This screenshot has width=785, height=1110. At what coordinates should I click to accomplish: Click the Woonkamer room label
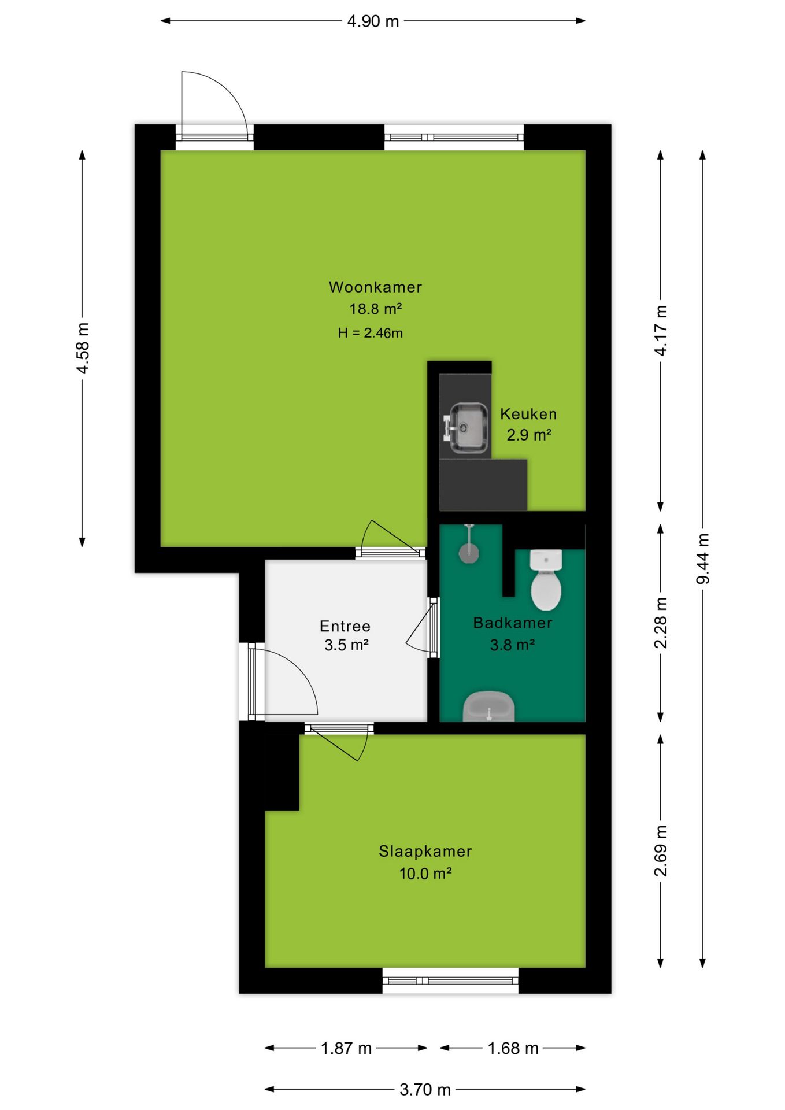[375, 287]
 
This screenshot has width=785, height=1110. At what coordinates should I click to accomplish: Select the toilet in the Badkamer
[546, 580]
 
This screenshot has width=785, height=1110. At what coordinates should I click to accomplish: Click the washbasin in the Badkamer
[489, 706]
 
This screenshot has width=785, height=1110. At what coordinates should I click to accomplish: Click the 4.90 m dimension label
[373, 21]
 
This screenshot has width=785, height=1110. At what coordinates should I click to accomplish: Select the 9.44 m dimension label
[703, 558]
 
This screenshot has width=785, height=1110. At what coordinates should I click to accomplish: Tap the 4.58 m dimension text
[83, 348]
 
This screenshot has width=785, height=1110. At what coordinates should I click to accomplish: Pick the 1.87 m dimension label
[346, 1048]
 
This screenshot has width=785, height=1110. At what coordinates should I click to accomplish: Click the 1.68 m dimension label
[513, 1048]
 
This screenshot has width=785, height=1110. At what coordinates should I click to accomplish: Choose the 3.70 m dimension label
[425, 1090]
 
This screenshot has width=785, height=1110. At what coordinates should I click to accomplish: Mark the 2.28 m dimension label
[661, 623]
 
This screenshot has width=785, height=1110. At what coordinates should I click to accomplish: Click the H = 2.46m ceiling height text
[371, 333]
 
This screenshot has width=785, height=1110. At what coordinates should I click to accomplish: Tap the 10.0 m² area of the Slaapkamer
[425, 873]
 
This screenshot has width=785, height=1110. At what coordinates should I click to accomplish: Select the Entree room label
[345, 626]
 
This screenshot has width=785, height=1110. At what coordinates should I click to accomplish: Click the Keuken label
[528, 414]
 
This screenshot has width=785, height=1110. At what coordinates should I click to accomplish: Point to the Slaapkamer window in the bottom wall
[450, 980]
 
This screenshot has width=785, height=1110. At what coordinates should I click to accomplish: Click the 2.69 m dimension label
[661, 850]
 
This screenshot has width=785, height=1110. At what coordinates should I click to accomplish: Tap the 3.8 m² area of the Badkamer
[512, 645]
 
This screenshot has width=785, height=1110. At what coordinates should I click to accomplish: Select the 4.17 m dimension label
[661, 330]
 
